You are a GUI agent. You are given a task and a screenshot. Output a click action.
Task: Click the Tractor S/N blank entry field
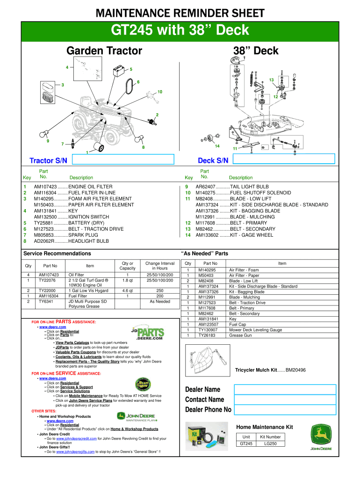click(x=123, y=160)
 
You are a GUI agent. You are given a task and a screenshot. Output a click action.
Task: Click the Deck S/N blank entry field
click(x=284, y=160)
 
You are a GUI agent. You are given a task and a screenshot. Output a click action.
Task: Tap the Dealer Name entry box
click(x=285, y=389)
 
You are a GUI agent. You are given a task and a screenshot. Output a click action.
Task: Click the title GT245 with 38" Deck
click(x=180, y=31)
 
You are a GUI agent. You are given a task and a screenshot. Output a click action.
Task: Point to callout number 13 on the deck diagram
click(x=271, y=80)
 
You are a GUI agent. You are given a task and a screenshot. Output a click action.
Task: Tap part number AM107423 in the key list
click(x=45, y=187)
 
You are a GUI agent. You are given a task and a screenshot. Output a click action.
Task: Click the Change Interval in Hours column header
click(x=160, y=265)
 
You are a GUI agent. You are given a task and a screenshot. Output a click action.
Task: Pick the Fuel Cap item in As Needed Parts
click(x=238, y=324)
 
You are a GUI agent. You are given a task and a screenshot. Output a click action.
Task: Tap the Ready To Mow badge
click(x=143, y=385)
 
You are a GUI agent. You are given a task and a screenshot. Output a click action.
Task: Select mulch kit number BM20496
click(x=295, y=370)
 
